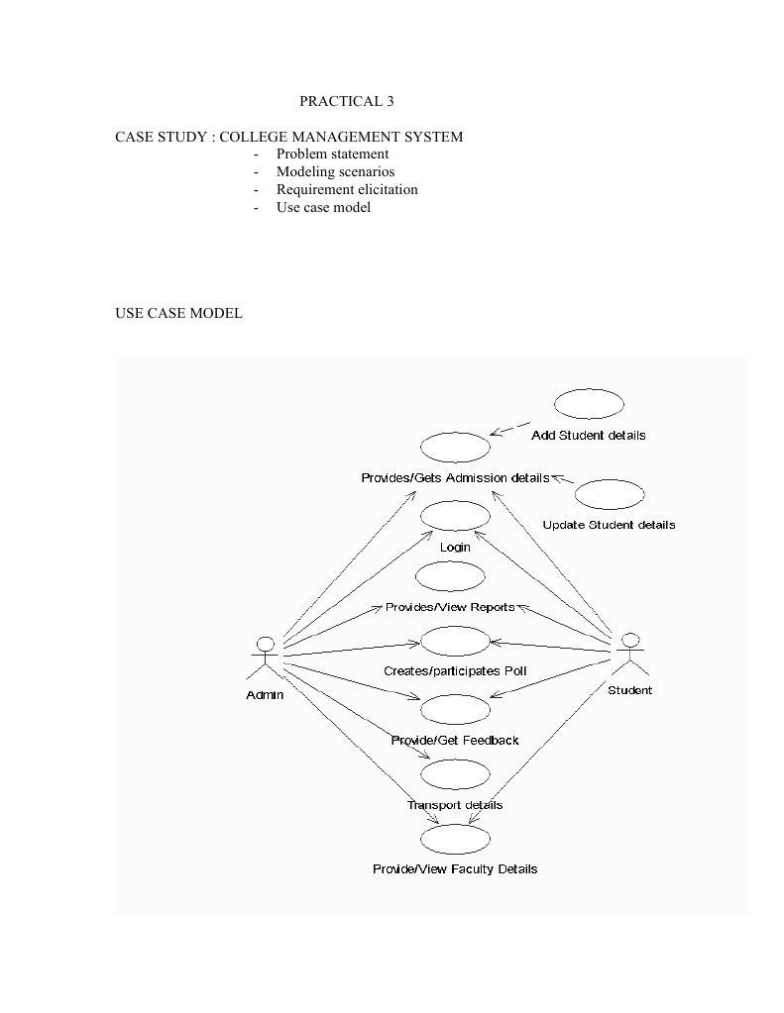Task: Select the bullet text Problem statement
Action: pos(332,153)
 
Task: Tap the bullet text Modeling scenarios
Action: pos(335,171)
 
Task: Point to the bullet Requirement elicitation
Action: pos(347,189)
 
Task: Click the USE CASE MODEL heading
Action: pos(178,313)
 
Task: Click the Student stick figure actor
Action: pos(629,655)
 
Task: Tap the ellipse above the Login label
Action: pos(455,516)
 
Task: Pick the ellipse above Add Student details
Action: pos(589,404)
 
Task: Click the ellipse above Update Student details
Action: pos(609,495)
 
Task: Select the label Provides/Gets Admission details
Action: pos(455,478)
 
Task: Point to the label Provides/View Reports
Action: pos(450,607)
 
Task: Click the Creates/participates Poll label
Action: pos(455,670)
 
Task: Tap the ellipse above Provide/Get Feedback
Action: pos(455,709)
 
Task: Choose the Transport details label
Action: pos(455,805)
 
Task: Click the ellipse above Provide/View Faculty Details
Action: pos(455,840)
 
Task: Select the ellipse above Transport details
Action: pos(455,773)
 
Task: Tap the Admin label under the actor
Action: pos(265,694)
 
